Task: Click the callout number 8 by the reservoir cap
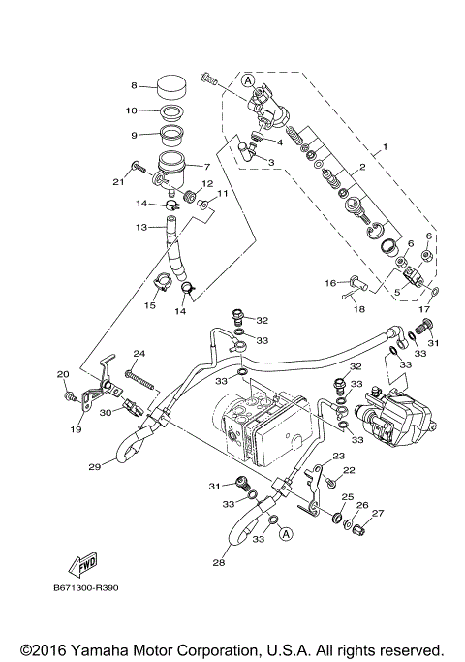[x=135, y=85]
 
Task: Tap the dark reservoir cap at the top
[x=172, y=84]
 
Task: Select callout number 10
[x=135, y=110]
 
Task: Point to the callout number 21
[x=118, y=180]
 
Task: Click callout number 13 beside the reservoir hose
[x=141, y=227]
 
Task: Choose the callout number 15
[x=150, y=305]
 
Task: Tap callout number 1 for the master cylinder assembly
[x=384, y=147]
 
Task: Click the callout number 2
[x=361, y=168]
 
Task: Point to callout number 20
[x=63, y=374]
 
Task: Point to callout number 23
[x=339, y=456]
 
